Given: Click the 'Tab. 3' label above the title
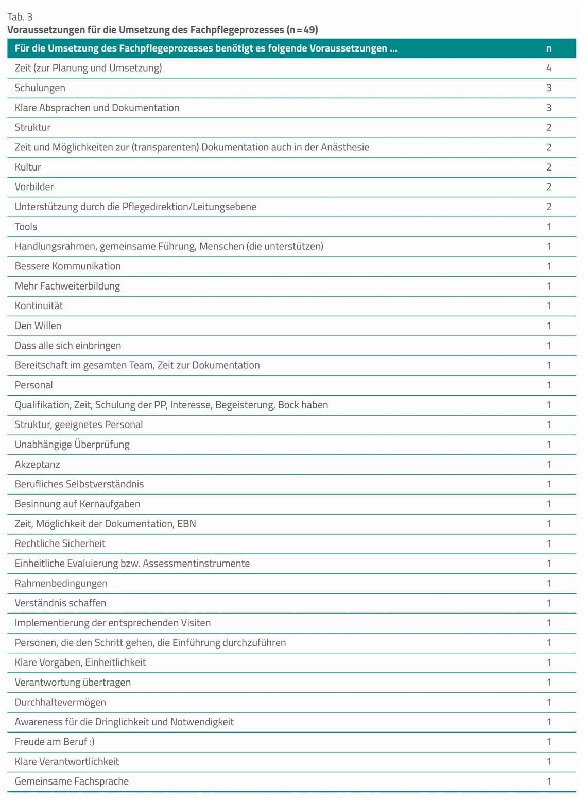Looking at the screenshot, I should (20, 16).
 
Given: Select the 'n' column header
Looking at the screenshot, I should (549, 48).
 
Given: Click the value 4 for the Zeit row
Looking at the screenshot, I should (549, 68).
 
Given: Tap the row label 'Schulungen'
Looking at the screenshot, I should (40, 88).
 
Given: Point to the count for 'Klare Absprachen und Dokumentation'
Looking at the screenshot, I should (549, 108).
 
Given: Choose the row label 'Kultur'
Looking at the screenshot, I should (28, 167).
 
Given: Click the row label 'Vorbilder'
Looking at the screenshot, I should (34, 187).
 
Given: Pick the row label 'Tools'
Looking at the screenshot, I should (26, 227).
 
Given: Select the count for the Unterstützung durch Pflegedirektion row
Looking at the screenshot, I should (549, 207).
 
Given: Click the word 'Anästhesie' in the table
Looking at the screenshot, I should (345, 147).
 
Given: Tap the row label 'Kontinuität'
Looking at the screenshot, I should (39, 306).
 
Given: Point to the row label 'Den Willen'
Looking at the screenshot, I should (38, 326).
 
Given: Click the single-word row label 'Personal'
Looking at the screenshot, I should (33, 385).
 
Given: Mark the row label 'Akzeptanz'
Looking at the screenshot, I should (37, 465).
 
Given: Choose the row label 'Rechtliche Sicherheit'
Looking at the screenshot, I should (60, 543).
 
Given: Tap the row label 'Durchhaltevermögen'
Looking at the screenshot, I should (60, 702).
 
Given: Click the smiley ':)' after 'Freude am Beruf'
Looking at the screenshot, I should (91, 742).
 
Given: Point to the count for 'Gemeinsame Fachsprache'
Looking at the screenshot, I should (549, 781).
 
